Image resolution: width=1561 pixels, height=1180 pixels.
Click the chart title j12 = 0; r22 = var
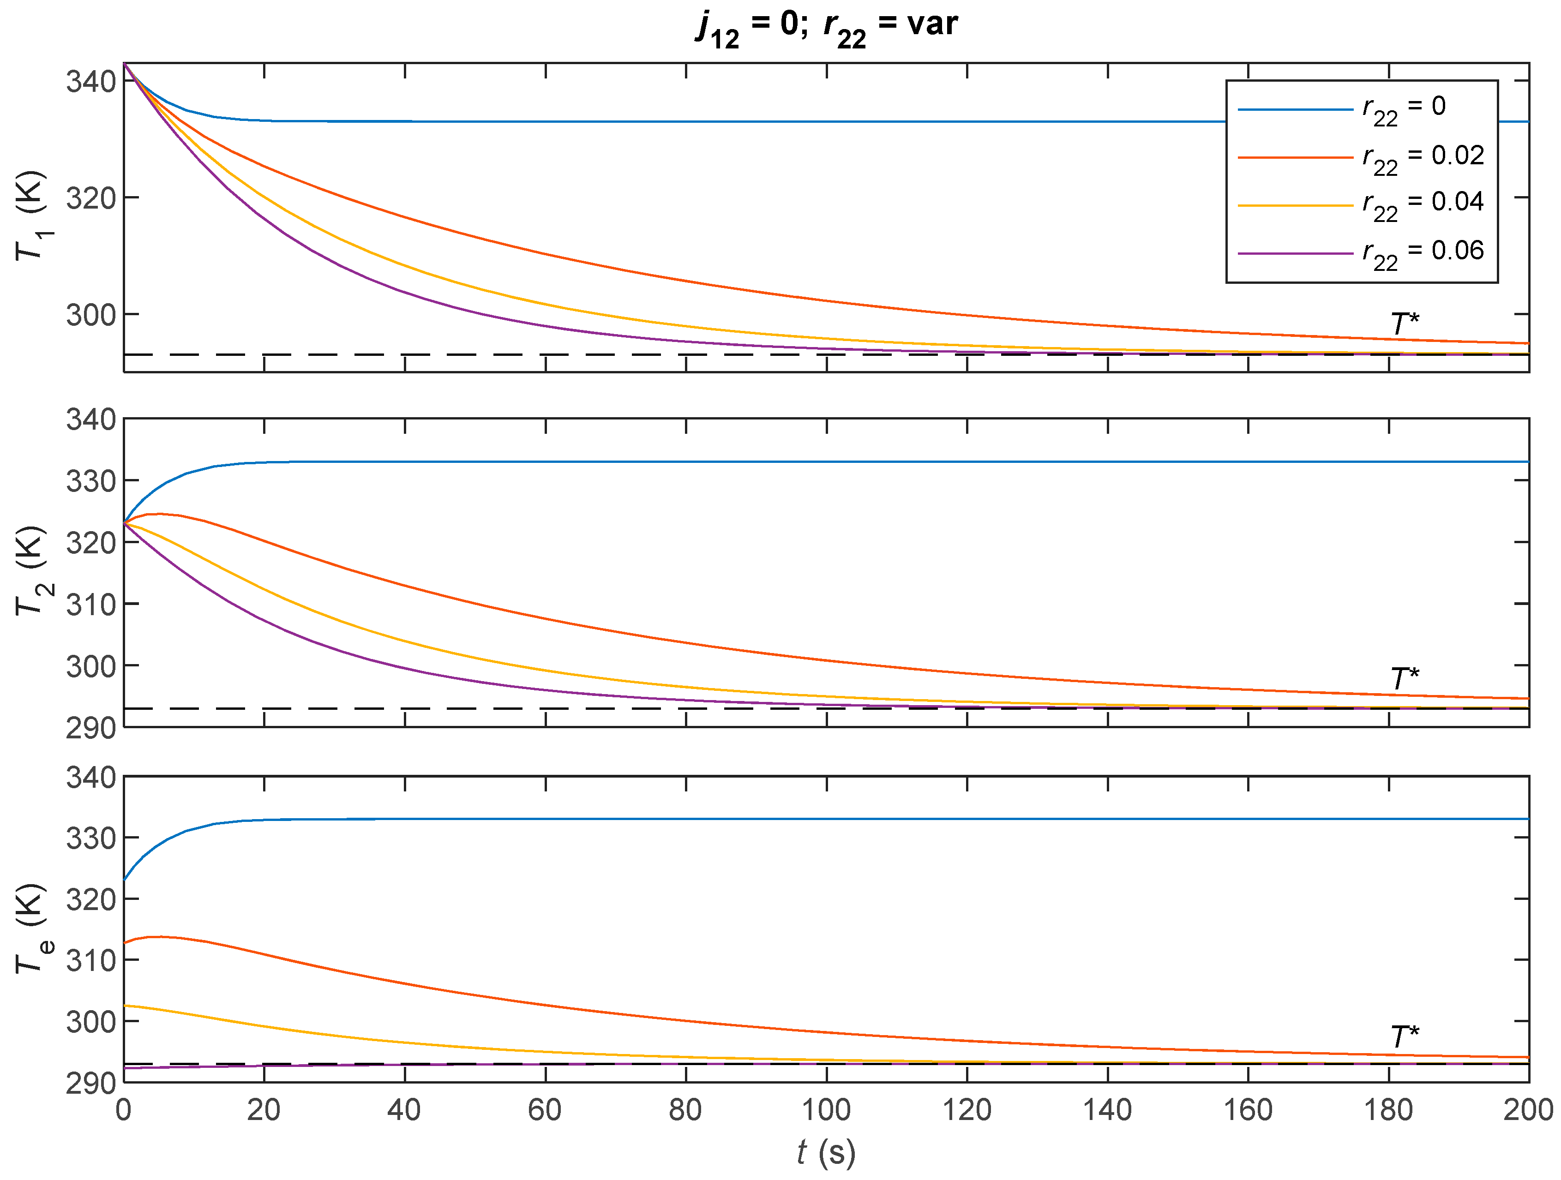point(826,27)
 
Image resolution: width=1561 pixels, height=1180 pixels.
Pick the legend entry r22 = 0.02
point(1422,157)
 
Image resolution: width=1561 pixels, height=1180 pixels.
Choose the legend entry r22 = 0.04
point(1422,204)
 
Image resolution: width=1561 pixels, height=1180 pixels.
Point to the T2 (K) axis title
point(31,571)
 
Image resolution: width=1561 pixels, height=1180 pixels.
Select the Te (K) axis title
point(31,928)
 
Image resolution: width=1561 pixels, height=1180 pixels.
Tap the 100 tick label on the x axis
point(826,1111)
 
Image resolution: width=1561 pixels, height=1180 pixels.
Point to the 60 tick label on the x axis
point(545,1111)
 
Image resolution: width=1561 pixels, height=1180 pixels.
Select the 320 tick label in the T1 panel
point(91,198)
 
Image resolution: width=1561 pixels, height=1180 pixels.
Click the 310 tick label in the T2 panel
point(91,604)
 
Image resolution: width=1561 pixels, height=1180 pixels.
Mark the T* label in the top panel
point(1405,324)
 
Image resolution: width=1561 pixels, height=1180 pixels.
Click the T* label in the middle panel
point(1405,679)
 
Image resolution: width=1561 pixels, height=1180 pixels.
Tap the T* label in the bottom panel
point(1405,1037)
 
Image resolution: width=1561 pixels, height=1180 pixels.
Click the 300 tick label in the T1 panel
point(91,315)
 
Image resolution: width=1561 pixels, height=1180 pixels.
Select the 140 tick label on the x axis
point(1107,1111)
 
